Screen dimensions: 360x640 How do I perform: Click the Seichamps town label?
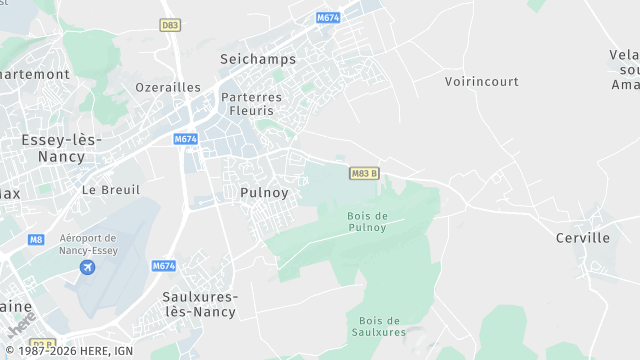(258, 59)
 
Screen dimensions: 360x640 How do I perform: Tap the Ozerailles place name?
(168, 87)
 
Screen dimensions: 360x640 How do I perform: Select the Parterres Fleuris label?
(251, 104)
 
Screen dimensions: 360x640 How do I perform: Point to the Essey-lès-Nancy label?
(61, 148)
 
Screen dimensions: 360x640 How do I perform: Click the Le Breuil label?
(110, 189)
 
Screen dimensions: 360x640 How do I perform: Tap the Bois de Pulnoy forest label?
(366, 221)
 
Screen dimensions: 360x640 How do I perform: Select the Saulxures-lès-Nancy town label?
(200, 304)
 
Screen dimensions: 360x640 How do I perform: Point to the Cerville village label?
(583, 238)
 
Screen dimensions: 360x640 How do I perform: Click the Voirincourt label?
(483, 81)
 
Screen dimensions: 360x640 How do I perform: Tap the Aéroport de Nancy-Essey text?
(88, 245)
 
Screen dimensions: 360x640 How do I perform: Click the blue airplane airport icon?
(87, 267)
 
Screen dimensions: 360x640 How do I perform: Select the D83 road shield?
(170, 24)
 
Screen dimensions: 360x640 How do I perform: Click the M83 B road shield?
(365, 173)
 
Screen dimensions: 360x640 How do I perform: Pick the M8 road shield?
(37, 239)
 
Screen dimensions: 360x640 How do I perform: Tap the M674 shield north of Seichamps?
(328, 18)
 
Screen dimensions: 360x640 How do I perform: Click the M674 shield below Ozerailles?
(185, 139)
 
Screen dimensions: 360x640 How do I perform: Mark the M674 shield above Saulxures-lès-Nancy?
(164, 266)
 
